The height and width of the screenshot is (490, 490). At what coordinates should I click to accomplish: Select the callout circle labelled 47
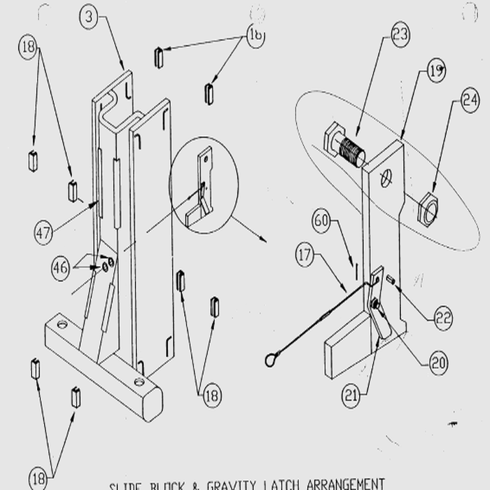tap(44, 232)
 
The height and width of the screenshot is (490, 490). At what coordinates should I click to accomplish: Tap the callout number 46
tap(61, 267)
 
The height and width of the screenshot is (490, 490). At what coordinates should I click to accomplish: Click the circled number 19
tap(436, 71)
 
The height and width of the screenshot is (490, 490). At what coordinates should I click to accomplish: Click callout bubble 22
tap(443, 318)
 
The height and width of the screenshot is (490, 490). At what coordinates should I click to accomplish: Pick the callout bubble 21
tap(351, 397)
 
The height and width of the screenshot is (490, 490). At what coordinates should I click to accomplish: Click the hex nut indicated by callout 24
tap(426, 209)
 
